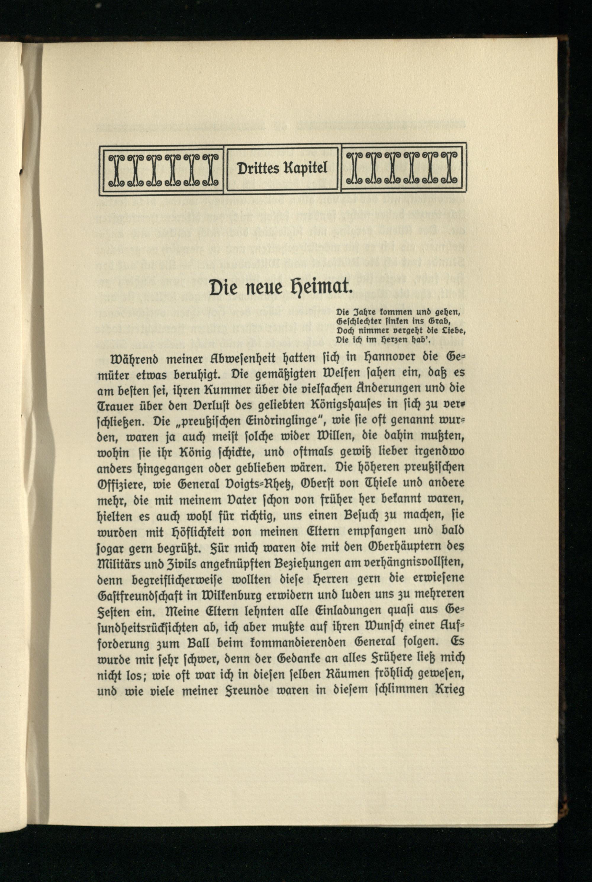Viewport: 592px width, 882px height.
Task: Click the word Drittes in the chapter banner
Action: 257,168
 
